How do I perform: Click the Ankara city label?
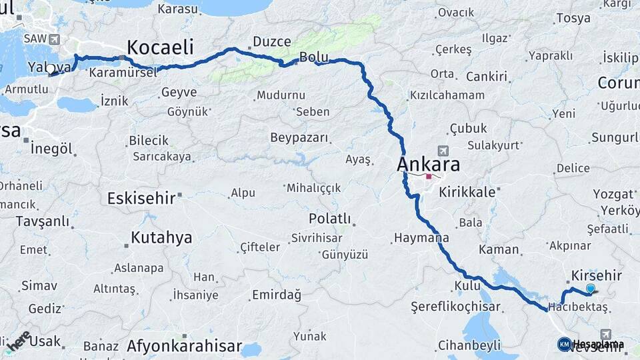click(428, 164)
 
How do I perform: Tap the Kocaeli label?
click(160, 47)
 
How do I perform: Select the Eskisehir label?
click(141, 198)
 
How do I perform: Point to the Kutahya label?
click(161, 237)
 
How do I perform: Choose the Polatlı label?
click(329, 219)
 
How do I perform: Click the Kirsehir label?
click(597, 275)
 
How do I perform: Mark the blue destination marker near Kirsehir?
click(590, 289)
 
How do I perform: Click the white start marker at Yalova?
click(50, 69)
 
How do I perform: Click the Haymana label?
click(421, 237)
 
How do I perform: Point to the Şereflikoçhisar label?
click(456, 307)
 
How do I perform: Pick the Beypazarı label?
click(299, 138)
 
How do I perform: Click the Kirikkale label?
click(467, 191)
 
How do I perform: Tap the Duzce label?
click(271, 42)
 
